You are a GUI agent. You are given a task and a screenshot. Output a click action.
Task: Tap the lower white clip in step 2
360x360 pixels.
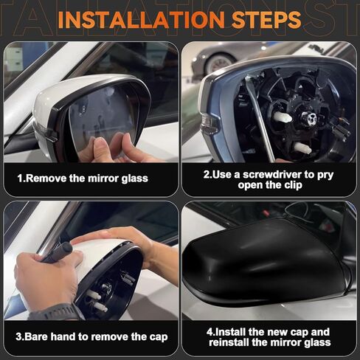303,148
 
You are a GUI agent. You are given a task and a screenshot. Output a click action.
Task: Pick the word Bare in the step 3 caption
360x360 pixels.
41,337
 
